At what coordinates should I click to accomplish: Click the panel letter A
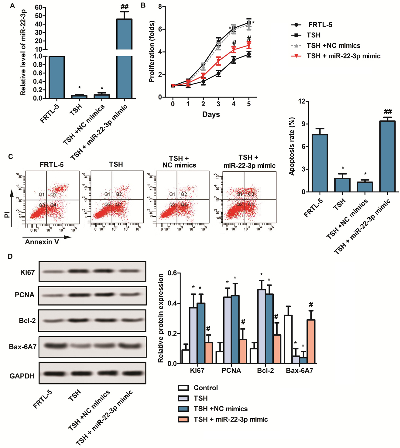click(x=12, y=6)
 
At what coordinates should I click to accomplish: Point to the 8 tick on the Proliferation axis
click(x=159, y=6)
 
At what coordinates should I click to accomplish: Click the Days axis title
click(x=211, y=115)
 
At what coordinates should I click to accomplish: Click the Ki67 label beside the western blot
click(x=27, y=272)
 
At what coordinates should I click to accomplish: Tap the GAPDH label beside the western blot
click(x=22, y=376)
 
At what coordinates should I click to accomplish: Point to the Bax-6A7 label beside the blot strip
click(x=23, y=347)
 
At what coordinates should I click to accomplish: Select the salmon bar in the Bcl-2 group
click(x=277, y=349)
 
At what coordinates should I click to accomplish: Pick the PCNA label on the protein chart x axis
click(x=231, y=371)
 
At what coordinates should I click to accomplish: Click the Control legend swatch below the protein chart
click(x=183, y=388)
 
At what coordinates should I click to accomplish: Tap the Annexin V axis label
click(x=42, y=242)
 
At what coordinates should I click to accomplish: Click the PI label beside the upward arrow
click(x=7, y=215)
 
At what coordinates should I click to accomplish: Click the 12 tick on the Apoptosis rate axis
click(x=301, y=101)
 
